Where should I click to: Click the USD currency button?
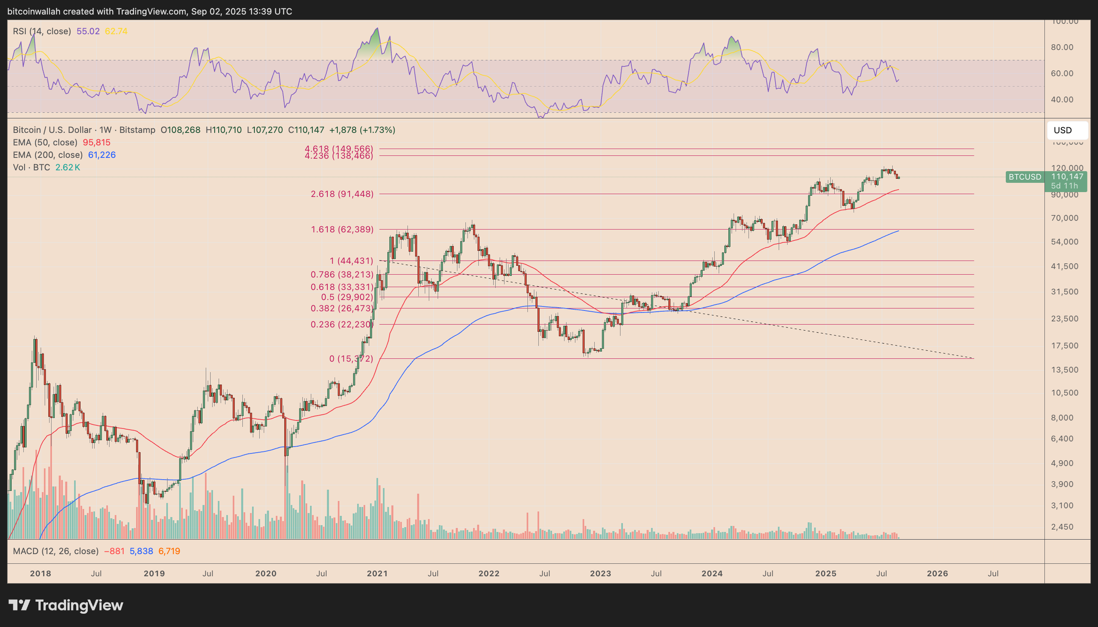[x=1067, y=130]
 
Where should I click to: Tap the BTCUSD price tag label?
[x=1024, y=176]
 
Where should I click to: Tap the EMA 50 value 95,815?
[x=97, y=143]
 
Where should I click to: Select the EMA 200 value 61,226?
[x=101, y=155]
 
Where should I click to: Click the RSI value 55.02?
[x=88, y=31]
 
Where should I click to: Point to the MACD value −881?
[x=114, y=551]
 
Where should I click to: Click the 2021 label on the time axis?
[x=377, y=573]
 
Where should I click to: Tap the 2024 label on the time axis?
[x=712, y=573]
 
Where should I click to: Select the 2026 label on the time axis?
[x=937, y=573]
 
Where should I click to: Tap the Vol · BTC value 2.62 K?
[x=68, y=168]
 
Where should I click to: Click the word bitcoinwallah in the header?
[x=34, y=12]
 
